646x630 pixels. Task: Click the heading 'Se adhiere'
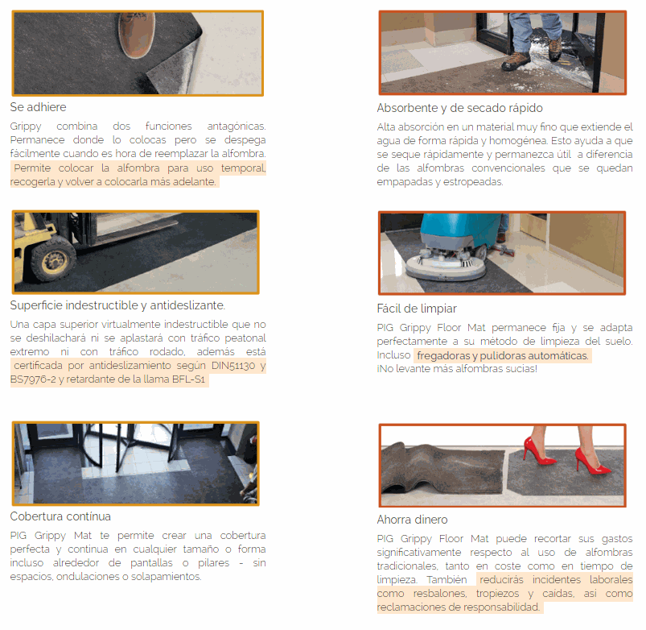tap(38, 107)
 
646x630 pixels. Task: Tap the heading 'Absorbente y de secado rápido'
tap(459, 108)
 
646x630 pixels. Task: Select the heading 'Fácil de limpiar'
tap(417, 309)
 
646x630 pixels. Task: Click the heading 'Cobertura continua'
tap(60, 516)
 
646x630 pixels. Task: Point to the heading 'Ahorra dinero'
tap(412, 520)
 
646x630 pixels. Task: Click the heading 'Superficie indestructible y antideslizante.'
tap(117, 305)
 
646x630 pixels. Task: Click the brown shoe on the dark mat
tap(136, 35)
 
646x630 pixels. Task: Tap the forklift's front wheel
tap(53, 259)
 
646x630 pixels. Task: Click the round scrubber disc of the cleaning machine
tap(446, 266)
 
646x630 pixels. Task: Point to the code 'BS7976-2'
tap(32, 379)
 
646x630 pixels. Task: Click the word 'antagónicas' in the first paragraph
tap(236, 126)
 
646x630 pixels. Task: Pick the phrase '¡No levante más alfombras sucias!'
tap(457, 369)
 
